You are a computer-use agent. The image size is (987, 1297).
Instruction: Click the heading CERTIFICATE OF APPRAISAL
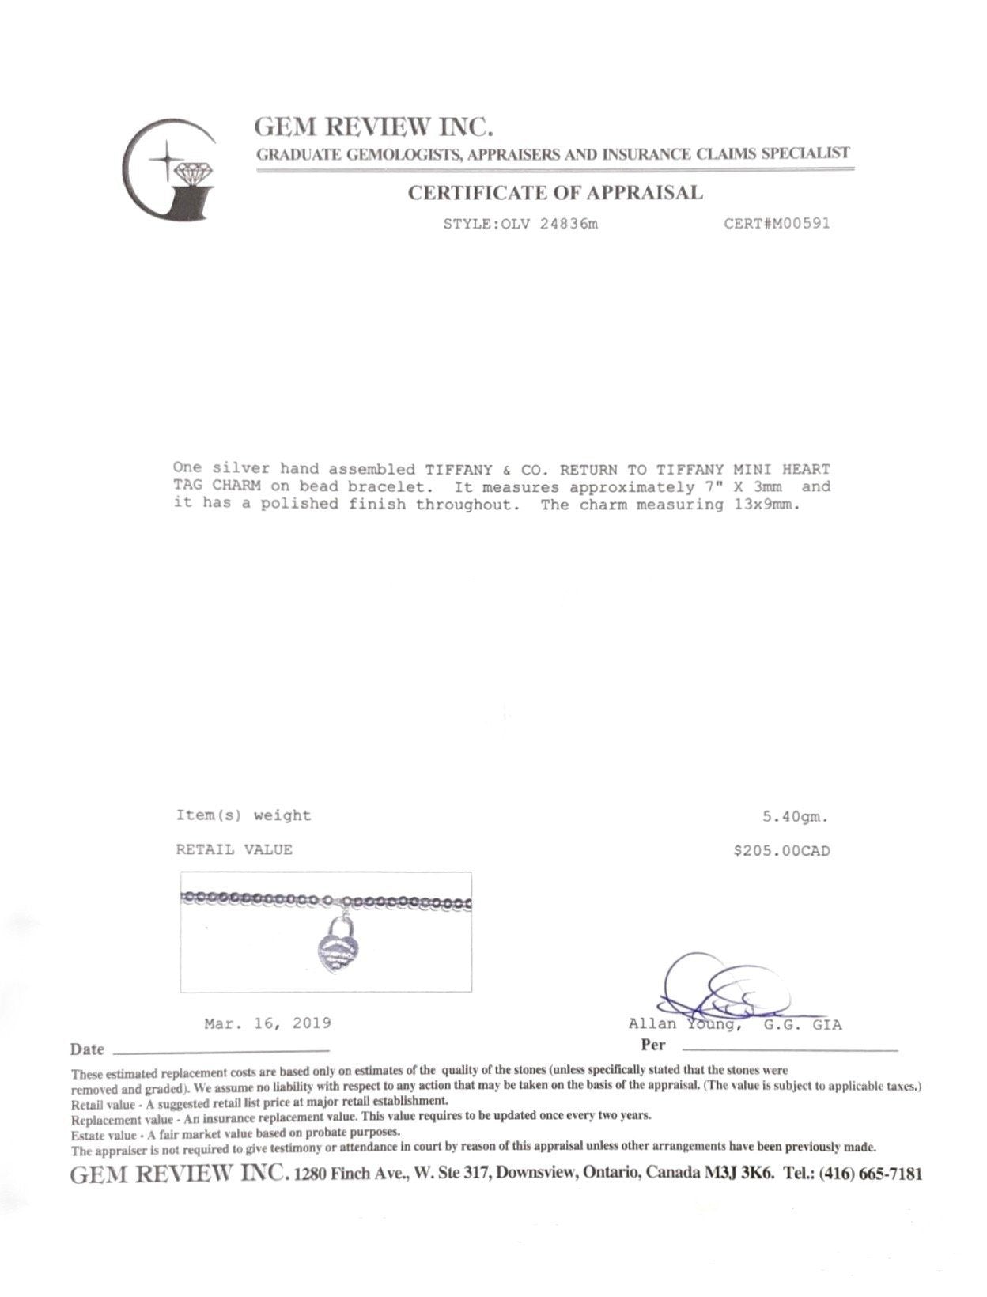[x=554, y=192]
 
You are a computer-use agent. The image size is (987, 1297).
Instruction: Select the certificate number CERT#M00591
[x=777, y=223]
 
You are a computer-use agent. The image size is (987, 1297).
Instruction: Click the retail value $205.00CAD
[x=781, y=851]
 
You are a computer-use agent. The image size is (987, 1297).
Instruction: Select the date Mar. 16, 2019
[x=267, y=1023]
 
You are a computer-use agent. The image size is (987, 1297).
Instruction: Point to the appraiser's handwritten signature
[x=720, y=989]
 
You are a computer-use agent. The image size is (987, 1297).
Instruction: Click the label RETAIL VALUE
[x=233, y=850]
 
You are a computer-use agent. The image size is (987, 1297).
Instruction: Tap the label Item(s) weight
[x=243, y=815]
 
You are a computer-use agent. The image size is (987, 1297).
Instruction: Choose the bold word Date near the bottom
[x=87, y=1049]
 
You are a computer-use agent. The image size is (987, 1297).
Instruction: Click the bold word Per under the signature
[x=653, y=1045]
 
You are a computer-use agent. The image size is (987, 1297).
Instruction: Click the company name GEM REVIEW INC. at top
[x=373, y=127]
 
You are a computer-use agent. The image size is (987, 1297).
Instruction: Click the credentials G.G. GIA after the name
[x=803, y=1025]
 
